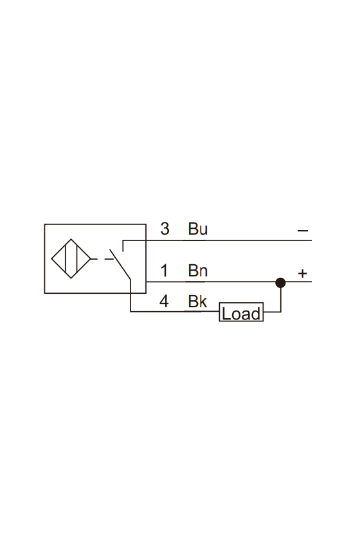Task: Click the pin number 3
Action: tap(165, 229)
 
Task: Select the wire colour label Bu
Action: tap(198, 229)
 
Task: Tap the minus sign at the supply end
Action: tap(303, 230)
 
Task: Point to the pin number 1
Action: tap(165, 271)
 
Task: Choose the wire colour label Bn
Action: tap(198, 271)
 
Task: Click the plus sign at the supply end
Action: tap(302, 273)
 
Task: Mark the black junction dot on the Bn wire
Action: tap(280, 283)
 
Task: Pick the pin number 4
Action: tap(164, 301)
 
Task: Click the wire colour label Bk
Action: tap(197, 301)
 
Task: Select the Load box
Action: tap(241, 312)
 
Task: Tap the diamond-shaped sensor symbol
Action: tap(71, 258)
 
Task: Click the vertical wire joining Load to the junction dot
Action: tap(281, 300)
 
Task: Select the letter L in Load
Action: tap(226, 314)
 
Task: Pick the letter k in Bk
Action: tap(203, 301)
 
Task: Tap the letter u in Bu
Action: tap(203, 230)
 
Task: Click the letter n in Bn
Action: tap(203, 272)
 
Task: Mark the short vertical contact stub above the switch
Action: tap(123, 246)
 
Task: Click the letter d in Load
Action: tap(255, 314)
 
